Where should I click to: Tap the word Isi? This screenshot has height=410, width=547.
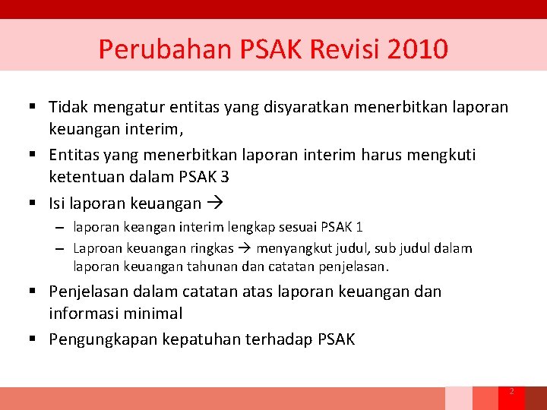[x=58, y=203]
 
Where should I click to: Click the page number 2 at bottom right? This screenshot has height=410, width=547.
[x=511, y=392]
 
